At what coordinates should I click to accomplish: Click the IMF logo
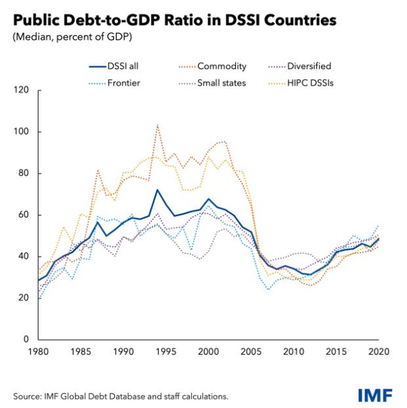click(x=375, y=395)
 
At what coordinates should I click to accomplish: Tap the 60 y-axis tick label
click(x=24, y=215)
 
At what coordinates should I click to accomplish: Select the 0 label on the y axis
click(x=26, y=340)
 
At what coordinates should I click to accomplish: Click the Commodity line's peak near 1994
click(x=158, y=124)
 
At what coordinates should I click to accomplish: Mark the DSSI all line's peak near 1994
click(x=158, y=190)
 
